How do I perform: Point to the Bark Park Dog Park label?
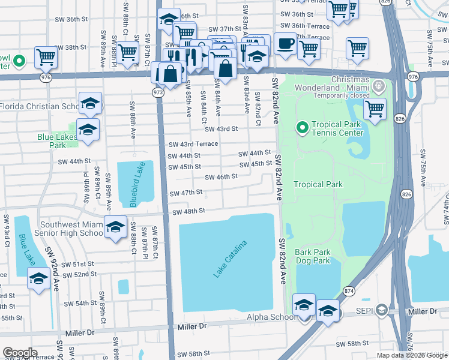coord(312,256)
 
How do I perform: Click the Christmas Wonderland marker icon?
coord(379,86)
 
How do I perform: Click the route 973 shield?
coord(158,92)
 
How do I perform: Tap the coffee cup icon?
coord(285,44)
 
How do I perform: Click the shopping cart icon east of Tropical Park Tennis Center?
coord(375,109)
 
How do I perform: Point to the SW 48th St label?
coord(189,212)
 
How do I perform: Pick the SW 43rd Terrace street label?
coord(193,145)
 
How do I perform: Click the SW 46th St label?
coord(221,177)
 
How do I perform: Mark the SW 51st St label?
coord(78,264)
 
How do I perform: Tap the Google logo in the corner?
coord(20,353)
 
